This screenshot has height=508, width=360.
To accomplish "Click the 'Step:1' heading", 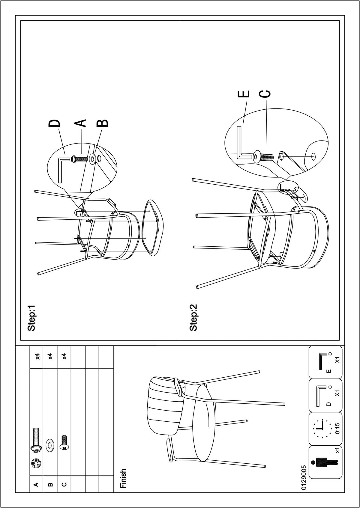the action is [31, 317].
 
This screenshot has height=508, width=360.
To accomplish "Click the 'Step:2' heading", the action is [193, 317].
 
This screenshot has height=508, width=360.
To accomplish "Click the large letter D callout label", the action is [55, 123].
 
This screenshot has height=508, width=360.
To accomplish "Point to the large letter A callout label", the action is [80, 123].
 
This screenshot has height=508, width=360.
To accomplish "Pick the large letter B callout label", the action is [102, 123].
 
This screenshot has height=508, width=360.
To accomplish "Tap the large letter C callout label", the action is [265, 94].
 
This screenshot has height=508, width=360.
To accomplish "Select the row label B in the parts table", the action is [51, 484].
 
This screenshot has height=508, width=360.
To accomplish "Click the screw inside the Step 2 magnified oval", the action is [263, 156].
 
